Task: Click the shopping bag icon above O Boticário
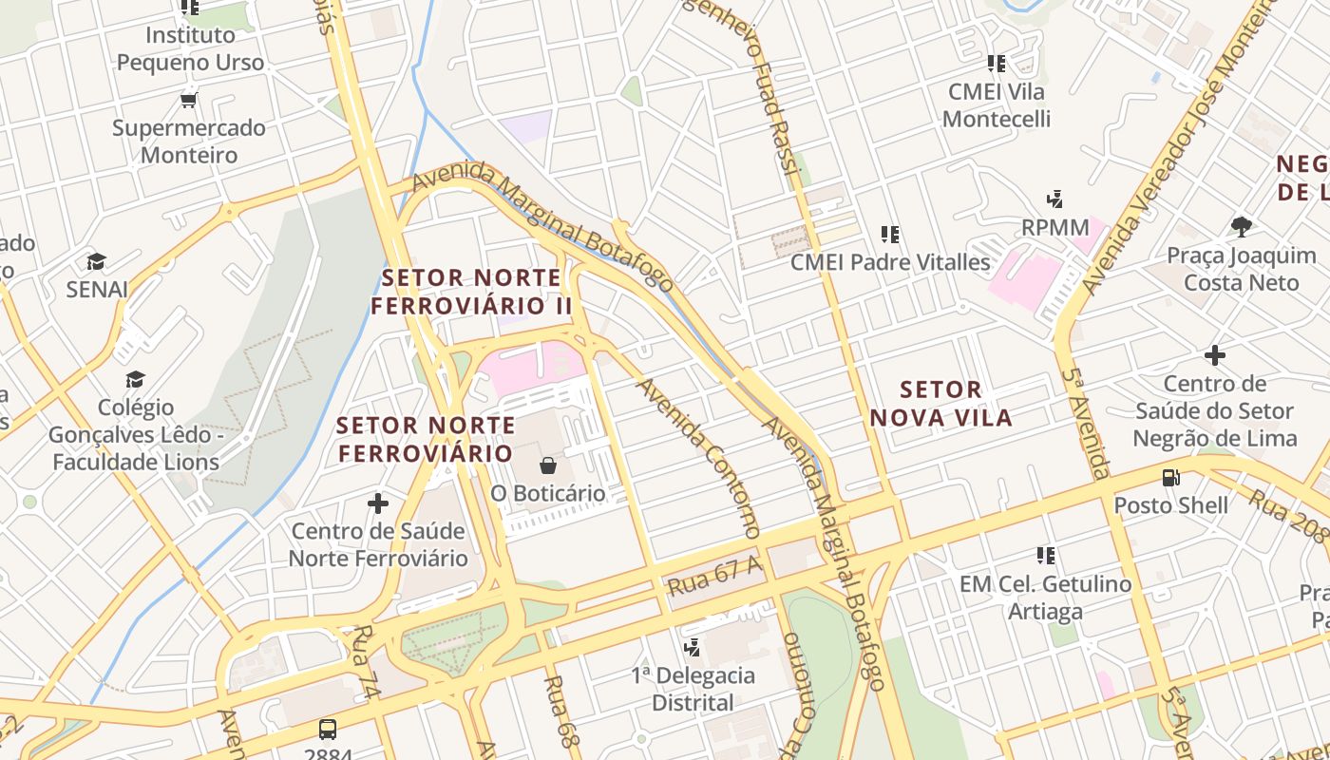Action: [x=548, y=465]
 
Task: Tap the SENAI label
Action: [x=97, y=290]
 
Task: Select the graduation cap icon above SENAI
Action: [x=96, y=261]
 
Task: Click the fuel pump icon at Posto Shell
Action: [x=1171, y=477]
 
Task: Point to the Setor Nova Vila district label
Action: [x=940, y=404]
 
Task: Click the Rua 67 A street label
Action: [x=715, y=576]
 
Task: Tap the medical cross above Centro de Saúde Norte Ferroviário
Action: [x=378, y=503]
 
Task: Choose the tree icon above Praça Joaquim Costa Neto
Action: [x=1241, y=226]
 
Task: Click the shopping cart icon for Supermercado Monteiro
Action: [x=188, y=99]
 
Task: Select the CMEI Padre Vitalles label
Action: [x=890, y=262]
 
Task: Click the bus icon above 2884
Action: [x=328, y=730]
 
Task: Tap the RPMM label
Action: [x=1054, y=228]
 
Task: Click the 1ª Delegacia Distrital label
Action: [x=693, y=690]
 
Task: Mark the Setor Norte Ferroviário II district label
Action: [x=471, y=292]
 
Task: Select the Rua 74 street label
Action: [x=366, y=662]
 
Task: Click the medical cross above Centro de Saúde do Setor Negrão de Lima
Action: [x=1214, y=355]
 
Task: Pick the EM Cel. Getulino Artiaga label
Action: [x=1045, y=598]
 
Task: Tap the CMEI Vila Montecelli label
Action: [x=997, y=105]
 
